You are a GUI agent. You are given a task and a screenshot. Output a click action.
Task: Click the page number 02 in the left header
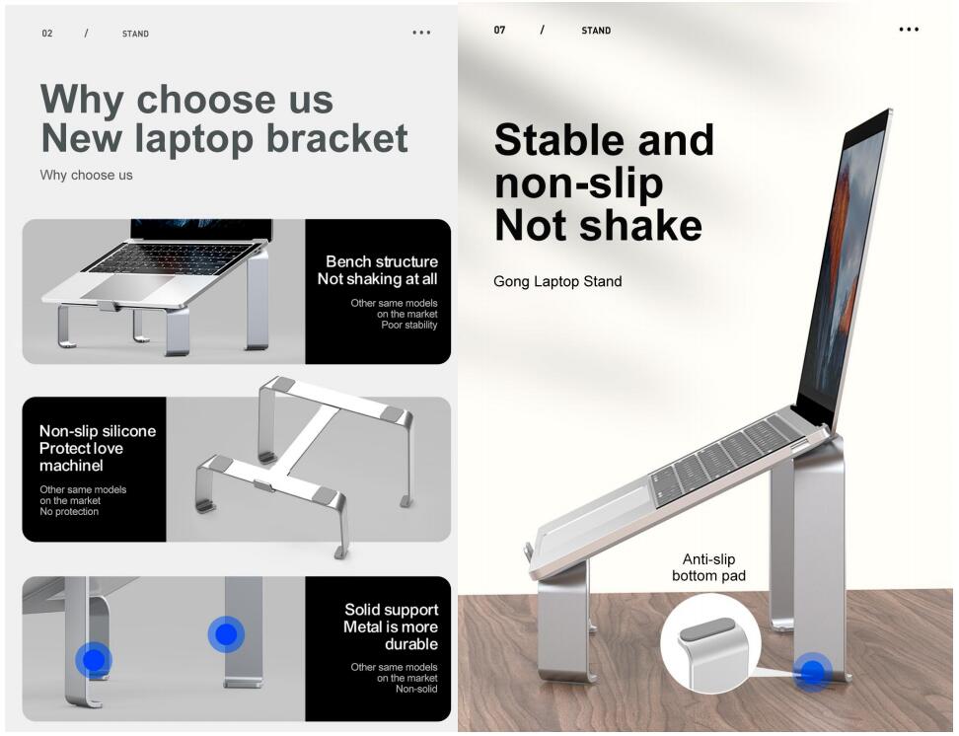[x=47, y=34]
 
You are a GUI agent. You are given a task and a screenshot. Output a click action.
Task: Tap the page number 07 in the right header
[x=499, y=30]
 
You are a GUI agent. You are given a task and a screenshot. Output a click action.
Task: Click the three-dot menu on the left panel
[x=421, y=33]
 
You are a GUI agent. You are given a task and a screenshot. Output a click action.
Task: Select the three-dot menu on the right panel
[x=909, y=30]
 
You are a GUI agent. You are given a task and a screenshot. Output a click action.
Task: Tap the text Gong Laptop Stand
[x=557, y=281]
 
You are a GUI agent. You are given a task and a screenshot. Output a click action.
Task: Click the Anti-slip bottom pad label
[x=708, y=567]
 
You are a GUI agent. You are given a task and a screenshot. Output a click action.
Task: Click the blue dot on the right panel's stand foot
[x=812, y=672]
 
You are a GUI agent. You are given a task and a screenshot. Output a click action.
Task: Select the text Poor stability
[x=409, y=325]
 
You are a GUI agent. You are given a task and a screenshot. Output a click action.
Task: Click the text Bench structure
[x=382, y=261]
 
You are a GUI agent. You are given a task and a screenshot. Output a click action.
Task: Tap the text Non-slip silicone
[x=98, y=431]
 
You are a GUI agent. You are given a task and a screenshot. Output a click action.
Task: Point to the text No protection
[x=69, y=511]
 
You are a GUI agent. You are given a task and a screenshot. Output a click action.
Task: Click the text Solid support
[x=392, y=610]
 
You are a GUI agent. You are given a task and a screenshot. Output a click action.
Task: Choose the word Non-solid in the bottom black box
[x=416, y=689]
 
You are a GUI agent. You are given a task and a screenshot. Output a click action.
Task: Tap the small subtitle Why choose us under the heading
[x=86, y=175]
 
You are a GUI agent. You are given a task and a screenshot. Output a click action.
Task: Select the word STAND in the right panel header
[x=596, y=31]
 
